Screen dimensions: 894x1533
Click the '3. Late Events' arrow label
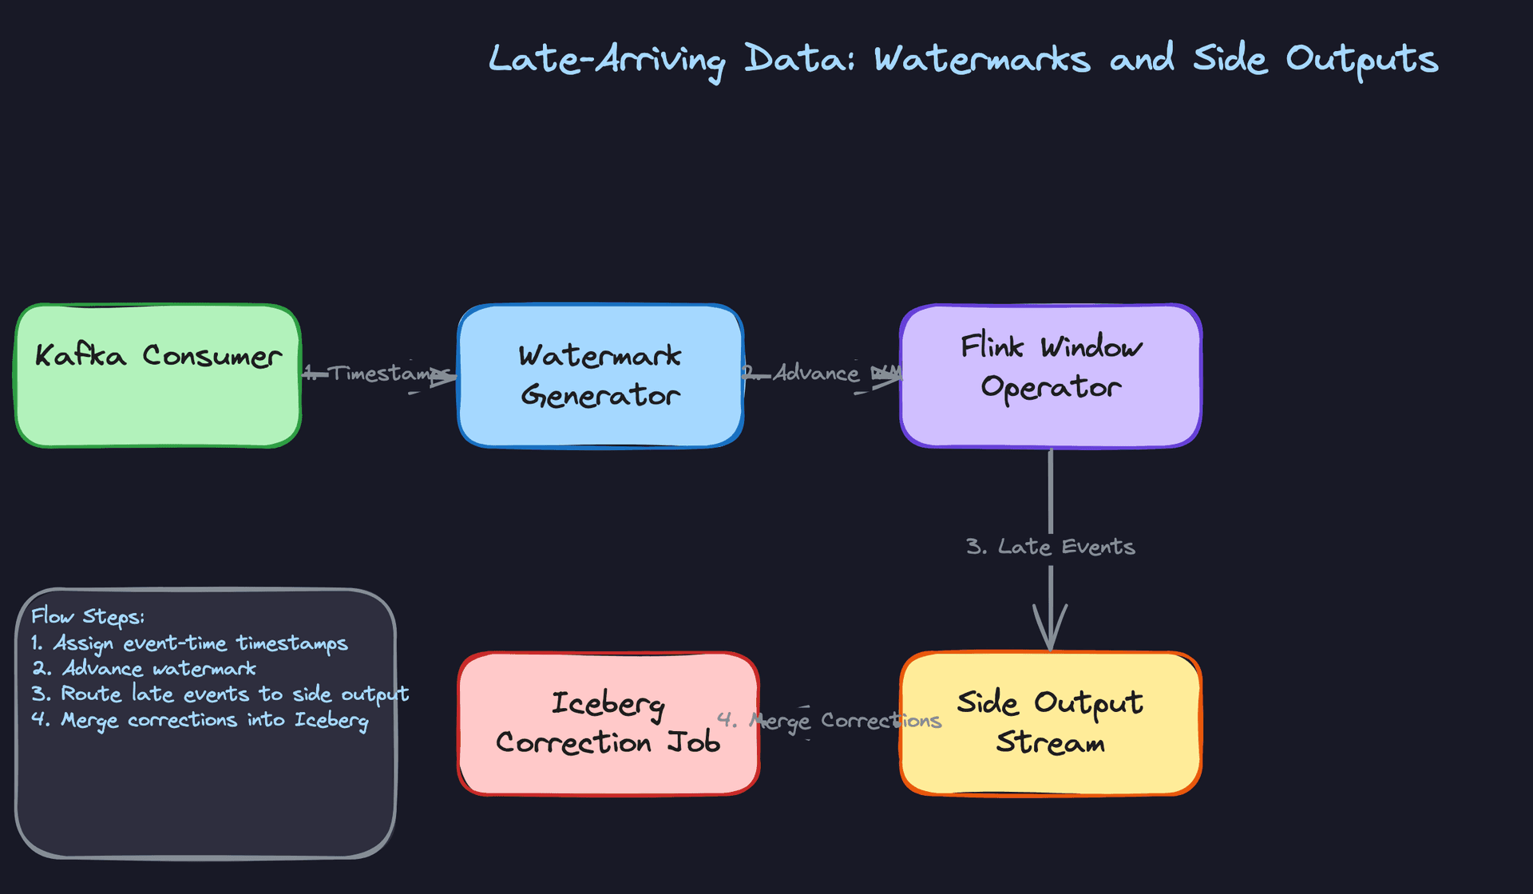tap(1051, 547)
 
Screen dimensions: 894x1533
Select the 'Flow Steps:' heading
tap(88, 616)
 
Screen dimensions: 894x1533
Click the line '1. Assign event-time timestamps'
tap(189, 643)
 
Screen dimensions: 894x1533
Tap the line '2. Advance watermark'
tap(144, 669)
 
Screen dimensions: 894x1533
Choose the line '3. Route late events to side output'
tap(220, 694)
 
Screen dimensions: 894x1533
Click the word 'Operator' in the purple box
tap(1051, 387)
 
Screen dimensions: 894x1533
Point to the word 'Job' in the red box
tap(693, 743)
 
